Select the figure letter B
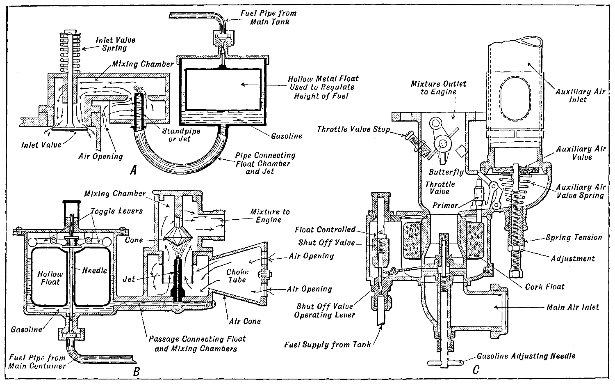[137, 371]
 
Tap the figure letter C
[476, 370]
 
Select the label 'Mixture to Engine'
[270, 216]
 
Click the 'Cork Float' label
[544, 287]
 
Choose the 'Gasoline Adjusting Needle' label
[526, 356]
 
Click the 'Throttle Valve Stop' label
[353, 129]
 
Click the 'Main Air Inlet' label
[573, 307]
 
